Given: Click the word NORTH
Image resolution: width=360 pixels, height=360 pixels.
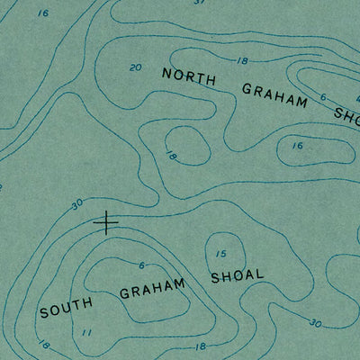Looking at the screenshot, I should coord(189,78).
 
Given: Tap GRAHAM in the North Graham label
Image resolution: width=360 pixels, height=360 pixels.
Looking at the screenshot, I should coord(274,95).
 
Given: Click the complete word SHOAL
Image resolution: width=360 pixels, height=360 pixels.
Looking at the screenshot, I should coord(237,274).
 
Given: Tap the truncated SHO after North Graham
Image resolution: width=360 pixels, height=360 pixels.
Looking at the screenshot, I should coord(346,114).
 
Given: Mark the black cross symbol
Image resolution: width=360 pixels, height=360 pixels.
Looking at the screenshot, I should coord(106,222).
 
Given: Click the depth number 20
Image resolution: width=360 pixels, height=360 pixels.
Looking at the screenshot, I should coord(135,67).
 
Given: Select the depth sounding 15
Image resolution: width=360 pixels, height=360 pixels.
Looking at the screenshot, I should coord(220,254).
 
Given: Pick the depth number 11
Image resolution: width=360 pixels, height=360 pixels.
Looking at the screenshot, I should coord(87,333).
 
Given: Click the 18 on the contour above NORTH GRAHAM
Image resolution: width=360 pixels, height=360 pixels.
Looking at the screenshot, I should coord(241,60).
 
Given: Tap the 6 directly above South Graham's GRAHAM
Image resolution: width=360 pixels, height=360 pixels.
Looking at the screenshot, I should coord(141,265).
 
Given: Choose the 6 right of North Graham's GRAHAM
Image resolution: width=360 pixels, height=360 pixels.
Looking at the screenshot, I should coord(323,97).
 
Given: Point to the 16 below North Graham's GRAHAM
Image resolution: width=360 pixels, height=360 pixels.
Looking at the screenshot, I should coord(297,145).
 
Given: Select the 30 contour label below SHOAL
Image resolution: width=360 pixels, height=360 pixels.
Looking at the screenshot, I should coord(314,323).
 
